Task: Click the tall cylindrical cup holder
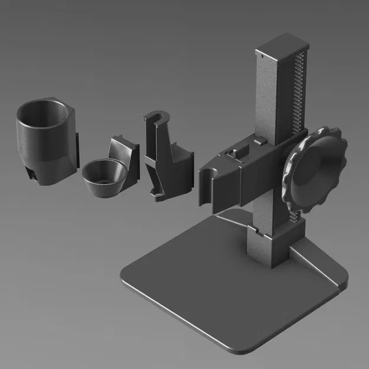(x=45, y=142)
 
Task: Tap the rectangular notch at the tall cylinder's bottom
(x=30, y=173)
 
